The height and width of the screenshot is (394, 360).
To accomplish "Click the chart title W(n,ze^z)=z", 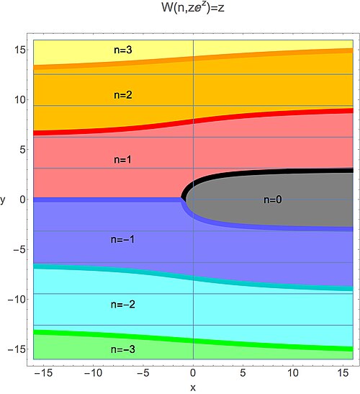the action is (193, 7).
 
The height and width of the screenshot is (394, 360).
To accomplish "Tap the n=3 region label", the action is (123, 50).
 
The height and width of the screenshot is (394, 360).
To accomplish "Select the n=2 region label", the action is (123, 95).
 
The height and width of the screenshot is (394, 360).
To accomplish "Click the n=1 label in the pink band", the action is (122, 160).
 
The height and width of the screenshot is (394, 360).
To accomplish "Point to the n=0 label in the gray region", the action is (273, 200).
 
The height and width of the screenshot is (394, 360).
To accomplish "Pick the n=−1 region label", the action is (122, 239).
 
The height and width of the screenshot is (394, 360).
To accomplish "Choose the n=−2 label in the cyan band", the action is (123, 305).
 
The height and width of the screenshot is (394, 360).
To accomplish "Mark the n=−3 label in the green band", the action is (123, 349).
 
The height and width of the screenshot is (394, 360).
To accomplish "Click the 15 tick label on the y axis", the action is (20, 50).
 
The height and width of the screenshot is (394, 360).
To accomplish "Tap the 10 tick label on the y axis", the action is (19, 99).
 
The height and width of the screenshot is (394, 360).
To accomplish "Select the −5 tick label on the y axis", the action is (18, 249).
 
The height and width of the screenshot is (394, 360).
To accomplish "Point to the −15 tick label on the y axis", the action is (17, 349).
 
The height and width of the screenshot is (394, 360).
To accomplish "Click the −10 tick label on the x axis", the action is (93, 372).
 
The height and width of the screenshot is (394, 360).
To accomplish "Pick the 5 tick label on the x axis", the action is (243, 372).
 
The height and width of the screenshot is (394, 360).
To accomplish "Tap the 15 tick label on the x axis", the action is (343, 372).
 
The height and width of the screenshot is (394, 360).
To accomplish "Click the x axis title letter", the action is (193, 388).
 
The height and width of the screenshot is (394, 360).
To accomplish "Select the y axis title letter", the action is (3, 200).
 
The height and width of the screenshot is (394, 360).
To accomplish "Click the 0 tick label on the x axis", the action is (193, 372).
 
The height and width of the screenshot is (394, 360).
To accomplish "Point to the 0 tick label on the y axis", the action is (22, 200).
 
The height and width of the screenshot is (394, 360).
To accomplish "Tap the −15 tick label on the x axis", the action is (43, 372).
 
